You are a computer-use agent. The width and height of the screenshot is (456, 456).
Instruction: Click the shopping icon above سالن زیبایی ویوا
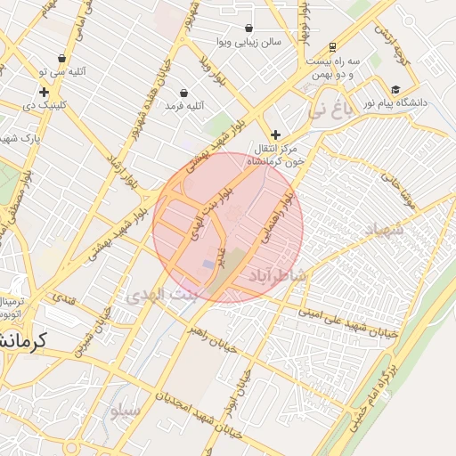click(248, 28)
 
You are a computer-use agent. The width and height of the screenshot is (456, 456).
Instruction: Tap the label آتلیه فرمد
click(184, 106)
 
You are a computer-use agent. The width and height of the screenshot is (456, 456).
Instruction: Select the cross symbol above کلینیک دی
click(44, 92)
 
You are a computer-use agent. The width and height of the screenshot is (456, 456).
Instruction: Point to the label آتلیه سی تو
click(65, 71)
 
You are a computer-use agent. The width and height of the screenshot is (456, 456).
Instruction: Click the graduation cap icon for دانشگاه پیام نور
click(395, 89)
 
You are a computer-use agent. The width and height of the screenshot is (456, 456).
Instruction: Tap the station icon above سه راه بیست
click(332, 46)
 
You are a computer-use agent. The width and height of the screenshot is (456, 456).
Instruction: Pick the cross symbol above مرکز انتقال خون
click(276, 134)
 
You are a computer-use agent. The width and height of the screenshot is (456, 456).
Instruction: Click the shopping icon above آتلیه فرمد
click(183, 93)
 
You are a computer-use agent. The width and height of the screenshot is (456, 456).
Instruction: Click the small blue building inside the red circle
click(208, 265)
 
